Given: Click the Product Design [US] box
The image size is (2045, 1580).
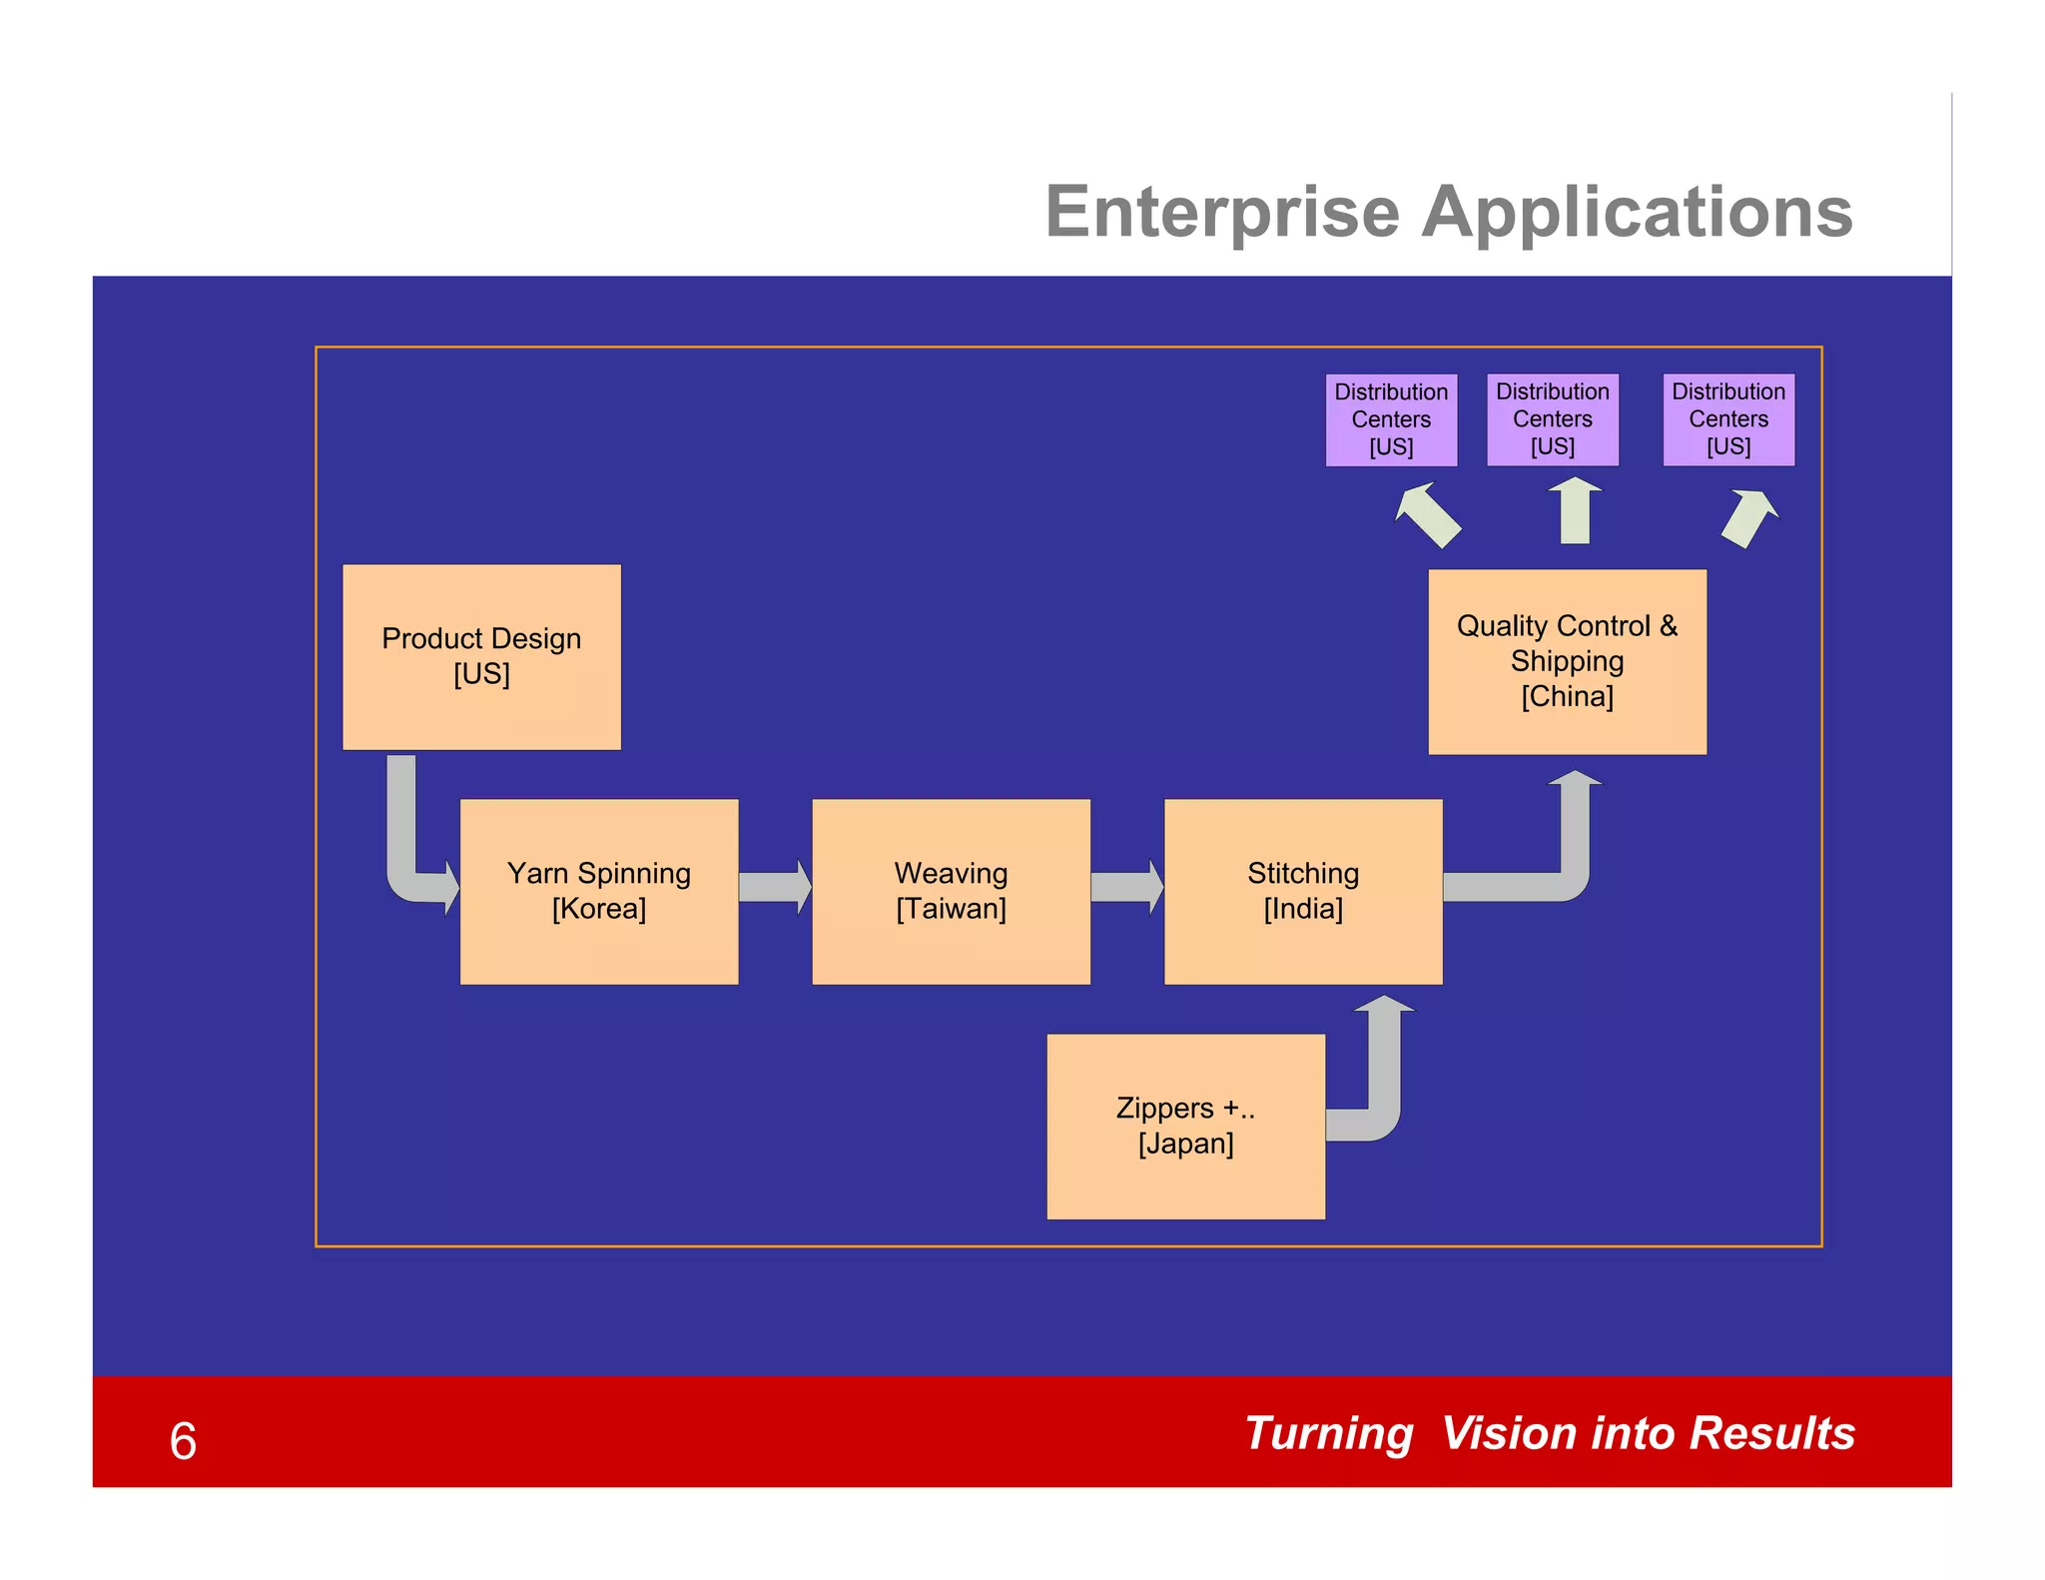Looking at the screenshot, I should click(481, 656).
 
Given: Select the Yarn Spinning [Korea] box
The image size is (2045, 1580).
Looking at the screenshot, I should click(599, 891).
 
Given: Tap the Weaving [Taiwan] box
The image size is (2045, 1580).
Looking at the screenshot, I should click(951, 891).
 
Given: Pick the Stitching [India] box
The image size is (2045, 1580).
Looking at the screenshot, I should click(1303, 891).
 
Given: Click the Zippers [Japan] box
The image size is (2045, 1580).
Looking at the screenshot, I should click(1185, 1126).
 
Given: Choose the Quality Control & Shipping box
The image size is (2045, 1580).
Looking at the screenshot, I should click(1567, 661).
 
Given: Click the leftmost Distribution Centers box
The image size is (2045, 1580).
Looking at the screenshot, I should click(1391, 419).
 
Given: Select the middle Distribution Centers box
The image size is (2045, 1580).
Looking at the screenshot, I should click(1552, 419).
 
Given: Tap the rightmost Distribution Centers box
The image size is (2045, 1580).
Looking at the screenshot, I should click(1728, 419).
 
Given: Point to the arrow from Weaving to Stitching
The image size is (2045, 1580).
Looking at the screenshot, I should click(1125, 887).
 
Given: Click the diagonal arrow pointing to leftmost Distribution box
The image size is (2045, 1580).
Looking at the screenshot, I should click(1429, 515).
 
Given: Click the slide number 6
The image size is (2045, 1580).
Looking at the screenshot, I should click(183, 1440).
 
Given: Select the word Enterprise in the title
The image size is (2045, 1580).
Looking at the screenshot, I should click(1222, 212).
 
